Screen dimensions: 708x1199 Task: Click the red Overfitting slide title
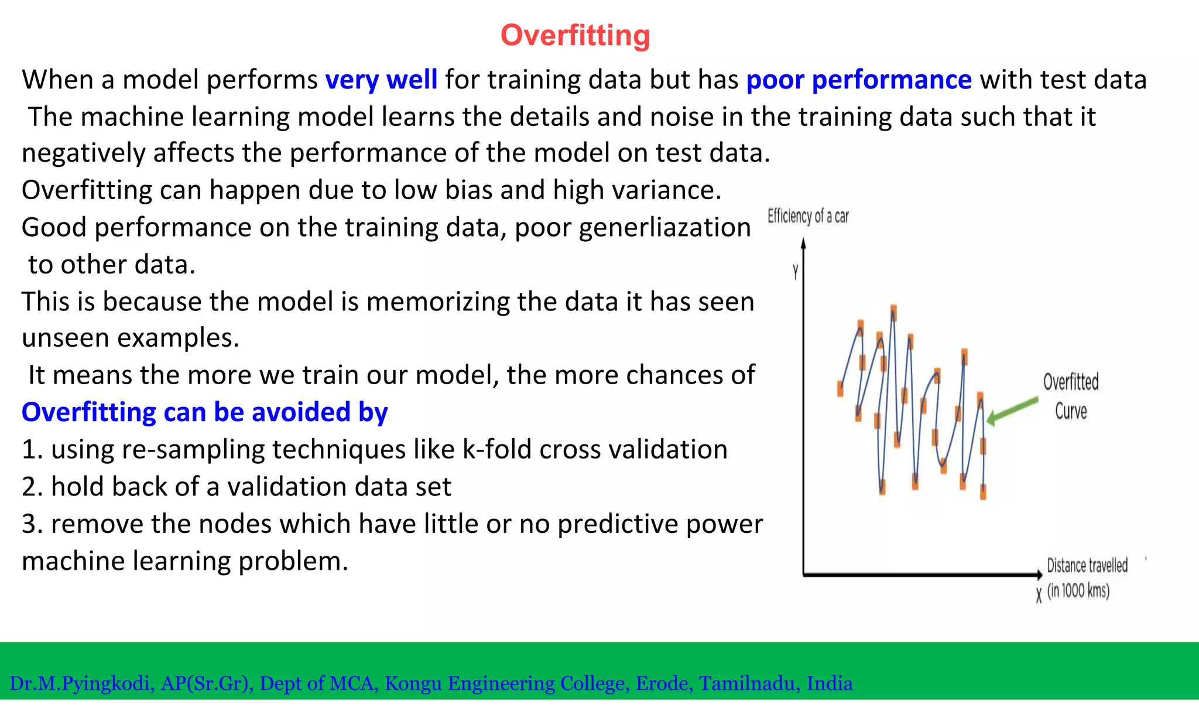pyautogui.click(x=575, y=35)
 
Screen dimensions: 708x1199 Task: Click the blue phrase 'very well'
pyautogui.click(x=381, y=80)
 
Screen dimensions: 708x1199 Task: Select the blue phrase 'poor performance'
pyautogui.click(x=859, y=80)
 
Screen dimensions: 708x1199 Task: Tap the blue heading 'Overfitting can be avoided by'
pyautogui.click(x=204, y=412)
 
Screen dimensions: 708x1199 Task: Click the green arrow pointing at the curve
pyautogui.click(x=1012, y=410)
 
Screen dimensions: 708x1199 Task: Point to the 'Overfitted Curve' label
pyautogui.click(x=1071, y=396)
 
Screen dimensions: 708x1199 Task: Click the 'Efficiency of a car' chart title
pyautogui.click(x=808, y=216)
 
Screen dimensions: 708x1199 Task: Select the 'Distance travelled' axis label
pyautogui.click(x=1087, y=565)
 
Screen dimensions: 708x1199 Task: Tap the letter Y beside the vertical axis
pyautogui.click(x=795, y=272)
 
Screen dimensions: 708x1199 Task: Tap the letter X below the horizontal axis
pyautogui.click(x=1039, y=595)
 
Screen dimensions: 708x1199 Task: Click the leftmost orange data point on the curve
pyautogui.click(x=840, y=388)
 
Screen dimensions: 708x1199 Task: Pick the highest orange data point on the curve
pyautogui.click(x=893, y=312)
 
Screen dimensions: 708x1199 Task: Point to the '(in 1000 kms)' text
pyautogui.click(x=1078, y=590)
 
